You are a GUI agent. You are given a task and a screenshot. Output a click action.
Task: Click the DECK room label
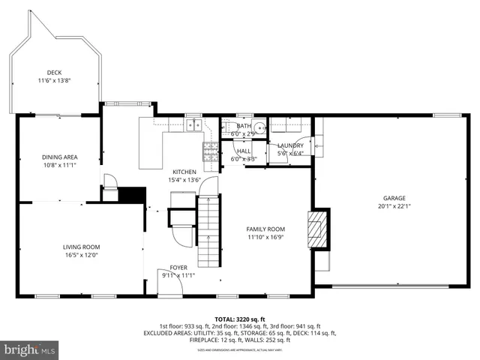pyautogui.click(x=54, y=73)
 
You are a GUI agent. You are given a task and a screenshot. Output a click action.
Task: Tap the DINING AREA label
pyautogui.click(x=60, y=157)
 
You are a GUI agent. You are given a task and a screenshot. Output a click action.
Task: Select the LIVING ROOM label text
pyautogui.click(x=81, y=247)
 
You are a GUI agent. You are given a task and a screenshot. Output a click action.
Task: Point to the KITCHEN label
pyautogui.click(x=184, y=172)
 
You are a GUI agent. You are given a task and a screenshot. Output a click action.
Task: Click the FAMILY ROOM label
pyautogui.click(x=266, y=229)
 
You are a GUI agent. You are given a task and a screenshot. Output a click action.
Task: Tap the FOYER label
pyautogui.click(x=178, y=267)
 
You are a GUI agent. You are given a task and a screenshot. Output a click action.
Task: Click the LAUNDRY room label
pyautogui.click(x=290, y=145)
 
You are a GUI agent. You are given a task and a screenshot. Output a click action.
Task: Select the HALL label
pyautogui.click(x=244, y=151)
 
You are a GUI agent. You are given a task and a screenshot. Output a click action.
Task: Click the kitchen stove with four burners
pyautogui.click(x=209, y=151)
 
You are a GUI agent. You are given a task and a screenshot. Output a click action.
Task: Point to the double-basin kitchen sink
pyautogui.click(x=194, y=125)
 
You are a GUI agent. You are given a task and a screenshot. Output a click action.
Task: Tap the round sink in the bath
pyautogui.click(x=259, y=127)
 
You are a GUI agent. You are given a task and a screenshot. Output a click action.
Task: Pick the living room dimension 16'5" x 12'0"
pyautogui.click(x=81, y=255)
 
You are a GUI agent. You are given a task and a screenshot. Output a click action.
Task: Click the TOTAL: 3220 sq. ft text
pyautogui.click(x=240, y=319)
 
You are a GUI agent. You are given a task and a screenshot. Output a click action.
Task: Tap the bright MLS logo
pyautogui.click(x=30, y=349)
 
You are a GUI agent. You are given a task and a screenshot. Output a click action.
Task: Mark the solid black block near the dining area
pyautogui.click(x=133, y=194)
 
